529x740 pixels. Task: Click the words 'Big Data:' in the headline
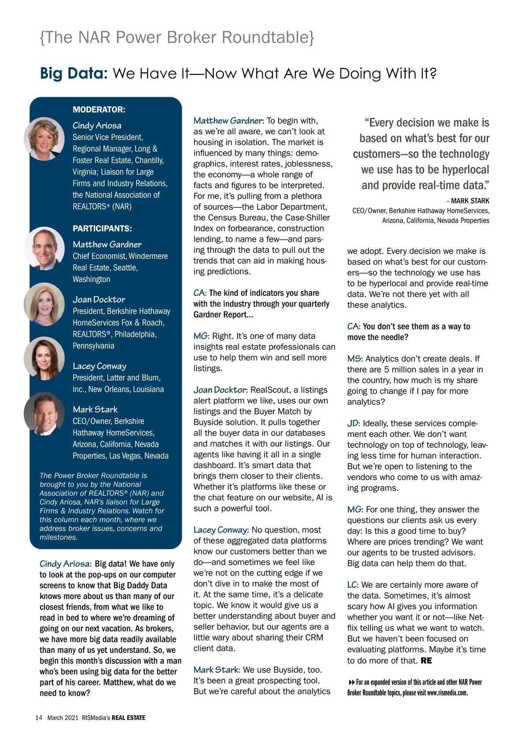(x=74, y=73)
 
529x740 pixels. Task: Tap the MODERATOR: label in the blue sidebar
(x=99, y=110)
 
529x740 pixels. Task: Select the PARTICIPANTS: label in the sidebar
(x=102, y=229)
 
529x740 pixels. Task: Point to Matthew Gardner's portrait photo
(x=45, y=248)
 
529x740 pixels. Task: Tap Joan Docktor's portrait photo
(x=44, y=304)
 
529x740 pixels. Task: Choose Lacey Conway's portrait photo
(x=44, y=358)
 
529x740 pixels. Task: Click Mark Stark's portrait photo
(x=44, y=413)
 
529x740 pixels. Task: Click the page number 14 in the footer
(x=39, y=718)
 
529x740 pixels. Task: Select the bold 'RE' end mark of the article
(x=426, y=661)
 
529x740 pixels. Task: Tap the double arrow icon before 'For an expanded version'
(x=351, y=682)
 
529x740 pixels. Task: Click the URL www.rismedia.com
(x=447, y=693)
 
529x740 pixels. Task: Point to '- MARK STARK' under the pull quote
(x=468, y=201)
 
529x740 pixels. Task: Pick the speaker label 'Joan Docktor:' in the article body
(x=220, y=390)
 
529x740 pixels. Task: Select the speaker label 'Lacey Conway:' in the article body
(x=221, y=530)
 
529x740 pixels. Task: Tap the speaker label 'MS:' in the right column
(x=355, y=359)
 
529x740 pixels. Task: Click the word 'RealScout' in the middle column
(x=269, y=390)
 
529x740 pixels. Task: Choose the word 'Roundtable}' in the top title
(x=268, y=37)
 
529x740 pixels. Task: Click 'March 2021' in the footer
(x=63, y=718)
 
